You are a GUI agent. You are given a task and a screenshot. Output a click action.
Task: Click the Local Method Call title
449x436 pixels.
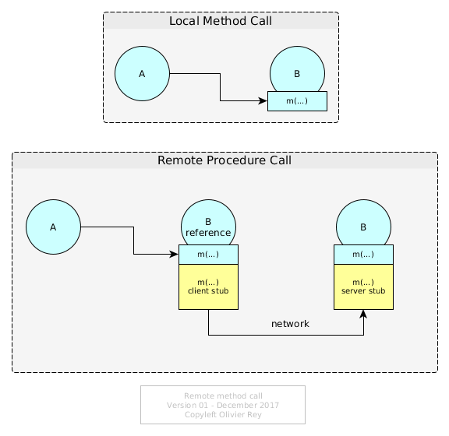pos(221,21)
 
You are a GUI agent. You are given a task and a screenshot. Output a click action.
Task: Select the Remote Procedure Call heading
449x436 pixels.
pos(224,160)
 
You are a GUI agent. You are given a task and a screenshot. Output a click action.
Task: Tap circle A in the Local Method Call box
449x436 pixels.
pos(142,73)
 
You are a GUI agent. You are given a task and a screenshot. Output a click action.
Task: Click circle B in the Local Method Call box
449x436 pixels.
pos(297,69)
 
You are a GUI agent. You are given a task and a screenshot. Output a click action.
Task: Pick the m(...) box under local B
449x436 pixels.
pos(297,101)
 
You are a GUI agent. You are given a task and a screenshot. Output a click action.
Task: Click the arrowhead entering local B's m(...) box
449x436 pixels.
pos(263,100)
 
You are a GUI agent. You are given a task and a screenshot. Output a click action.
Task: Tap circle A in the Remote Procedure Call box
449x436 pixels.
pos(53,227)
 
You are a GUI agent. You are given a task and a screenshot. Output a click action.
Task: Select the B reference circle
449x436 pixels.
pos(208,223)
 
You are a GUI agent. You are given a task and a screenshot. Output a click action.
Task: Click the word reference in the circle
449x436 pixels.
pos(208,233)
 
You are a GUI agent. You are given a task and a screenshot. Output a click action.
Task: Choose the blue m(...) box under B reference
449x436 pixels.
pos(208,255)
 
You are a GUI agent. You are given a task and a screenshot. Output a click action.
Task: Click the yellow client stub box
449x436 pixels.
pos(208,287)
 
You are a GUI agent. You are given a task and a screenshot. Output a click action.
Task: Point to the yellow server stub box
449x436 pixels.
pos(364,287)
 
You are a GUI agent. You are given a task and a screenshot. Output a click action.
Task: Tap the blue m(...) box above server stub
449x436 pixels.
pos(364,255)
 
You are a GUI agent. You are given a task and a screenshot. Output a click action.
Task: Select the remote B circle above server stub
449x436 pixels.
pos(364,223)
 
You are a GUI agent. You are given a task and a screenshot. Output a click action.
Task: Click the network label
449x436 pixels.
pos(290,324)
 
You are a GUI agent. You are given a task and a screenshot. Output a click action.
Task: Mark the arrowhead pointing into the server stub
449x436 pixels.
pos(363,314)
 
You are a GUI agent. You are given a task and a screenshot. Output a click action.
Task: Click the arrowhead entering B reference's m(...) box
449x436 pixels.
pos(174,254)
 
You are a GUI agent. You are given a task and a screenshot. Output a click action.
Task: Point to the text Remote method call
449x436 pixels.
pos(223,396)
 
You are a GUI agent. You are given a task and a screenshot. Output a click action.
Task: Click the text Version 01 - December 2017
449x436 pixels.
pos(223,405)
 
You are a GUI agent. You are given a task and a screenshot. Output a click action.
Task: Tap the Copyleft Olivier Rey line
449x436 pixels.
pos(223,414)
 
